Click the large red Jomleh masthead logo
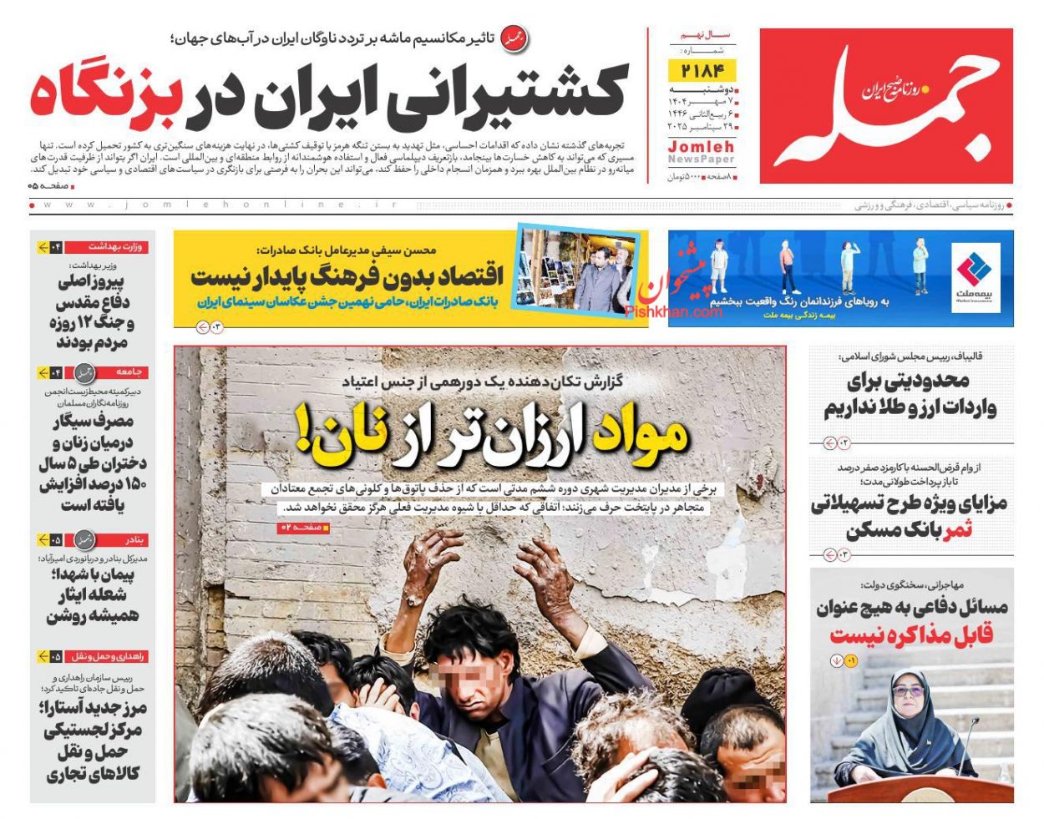(886, 105)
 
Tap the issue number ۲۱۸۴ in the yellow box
(702, 70)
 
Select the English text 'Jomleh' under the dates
(702, 146)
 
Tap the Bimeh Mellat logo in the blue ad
(976, 275)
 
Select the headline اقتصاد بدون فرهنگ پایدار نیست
(347, 276)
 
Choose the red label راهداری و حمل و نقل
(109, 656)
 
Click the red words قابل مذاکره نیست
(911, 635)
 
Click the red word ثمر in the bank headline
(957, 530)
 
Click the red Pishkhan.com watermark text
(673, 311)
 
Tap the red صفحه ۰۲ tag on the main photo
(304, 528)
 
